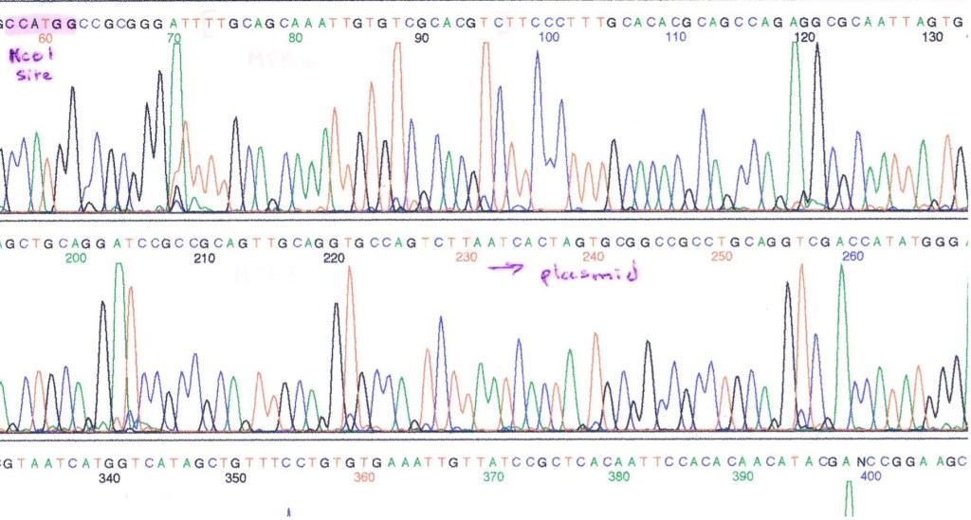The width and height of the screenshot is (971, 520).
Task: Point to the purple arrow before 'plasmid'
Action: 506,270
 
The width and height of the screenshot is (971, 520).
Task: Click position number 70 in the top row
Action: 173,38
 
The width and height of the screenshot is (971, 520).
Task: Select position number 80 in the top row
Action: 296,38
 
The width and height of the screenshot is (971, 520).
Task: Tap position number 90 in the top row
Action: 422,38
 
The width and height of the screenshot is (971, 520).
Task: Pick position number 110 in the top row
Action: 675,38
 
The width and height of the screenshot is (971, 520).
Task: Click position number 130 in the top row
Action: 933,38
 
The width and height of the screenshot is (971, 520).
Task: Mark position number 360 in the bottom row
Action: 364,476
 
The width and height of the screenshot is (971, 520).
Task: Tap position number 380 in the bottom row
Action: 618,476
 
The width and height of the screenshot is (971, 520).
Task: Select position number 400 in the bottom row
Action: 870,476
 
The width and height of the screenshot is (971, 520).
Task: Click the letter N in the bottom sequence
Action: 860,463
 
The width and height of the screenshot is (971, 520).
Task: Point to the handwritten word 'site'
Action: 33,75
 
